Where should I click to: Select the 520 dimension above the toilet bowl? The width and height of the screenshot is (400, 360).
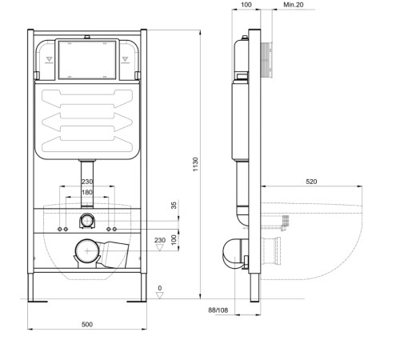(x=311, y=182)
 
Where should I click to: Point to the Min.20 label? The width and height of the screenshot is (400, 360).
(x=272, y=6)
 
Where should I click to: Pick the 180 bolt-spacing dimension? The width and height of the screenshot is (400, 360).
(x=86, y=192)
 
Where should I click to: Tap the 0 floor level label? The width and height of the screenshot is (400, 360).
(x=160, y=288)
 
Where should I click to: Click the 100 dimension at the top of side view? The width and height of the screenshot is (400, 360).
(x=246, y=6)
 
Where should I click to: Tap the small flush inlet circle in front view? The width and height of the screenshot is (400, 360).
(x=86, y=220)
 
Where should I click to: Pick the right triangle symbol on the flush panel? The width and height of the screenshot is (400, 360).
(x=124, y=58)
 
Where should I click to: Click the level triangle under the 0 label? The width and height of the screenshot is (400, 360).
(x=160, y=296)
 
